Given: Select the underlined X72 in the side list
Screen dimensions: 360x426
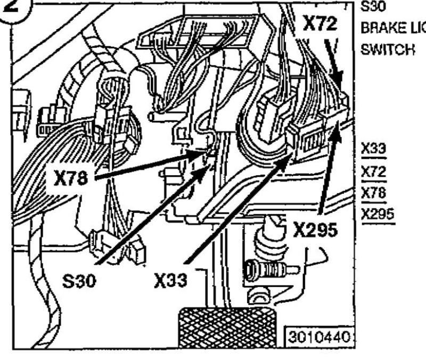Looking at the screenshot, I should click(373, 171).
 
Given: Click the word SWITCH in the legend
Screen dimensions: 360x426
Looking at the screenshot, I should click(380, 48).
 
